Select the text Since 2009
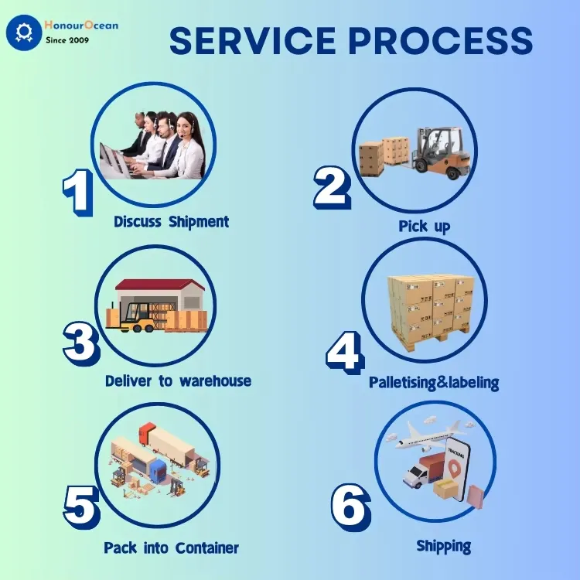coord(67,39)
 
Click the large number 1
coord(77,192)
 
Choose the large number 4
coord(344,352)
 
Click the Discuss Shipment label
coord(172,222)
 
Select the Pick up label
coord(424,227)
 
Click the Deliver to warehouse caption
coord(178,381)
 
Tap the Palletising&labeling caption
coord(434,383)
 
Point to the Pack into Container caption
coord(172,548)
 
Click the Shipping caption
coord(443,546)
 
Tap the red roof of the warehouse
coord(160,285)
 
